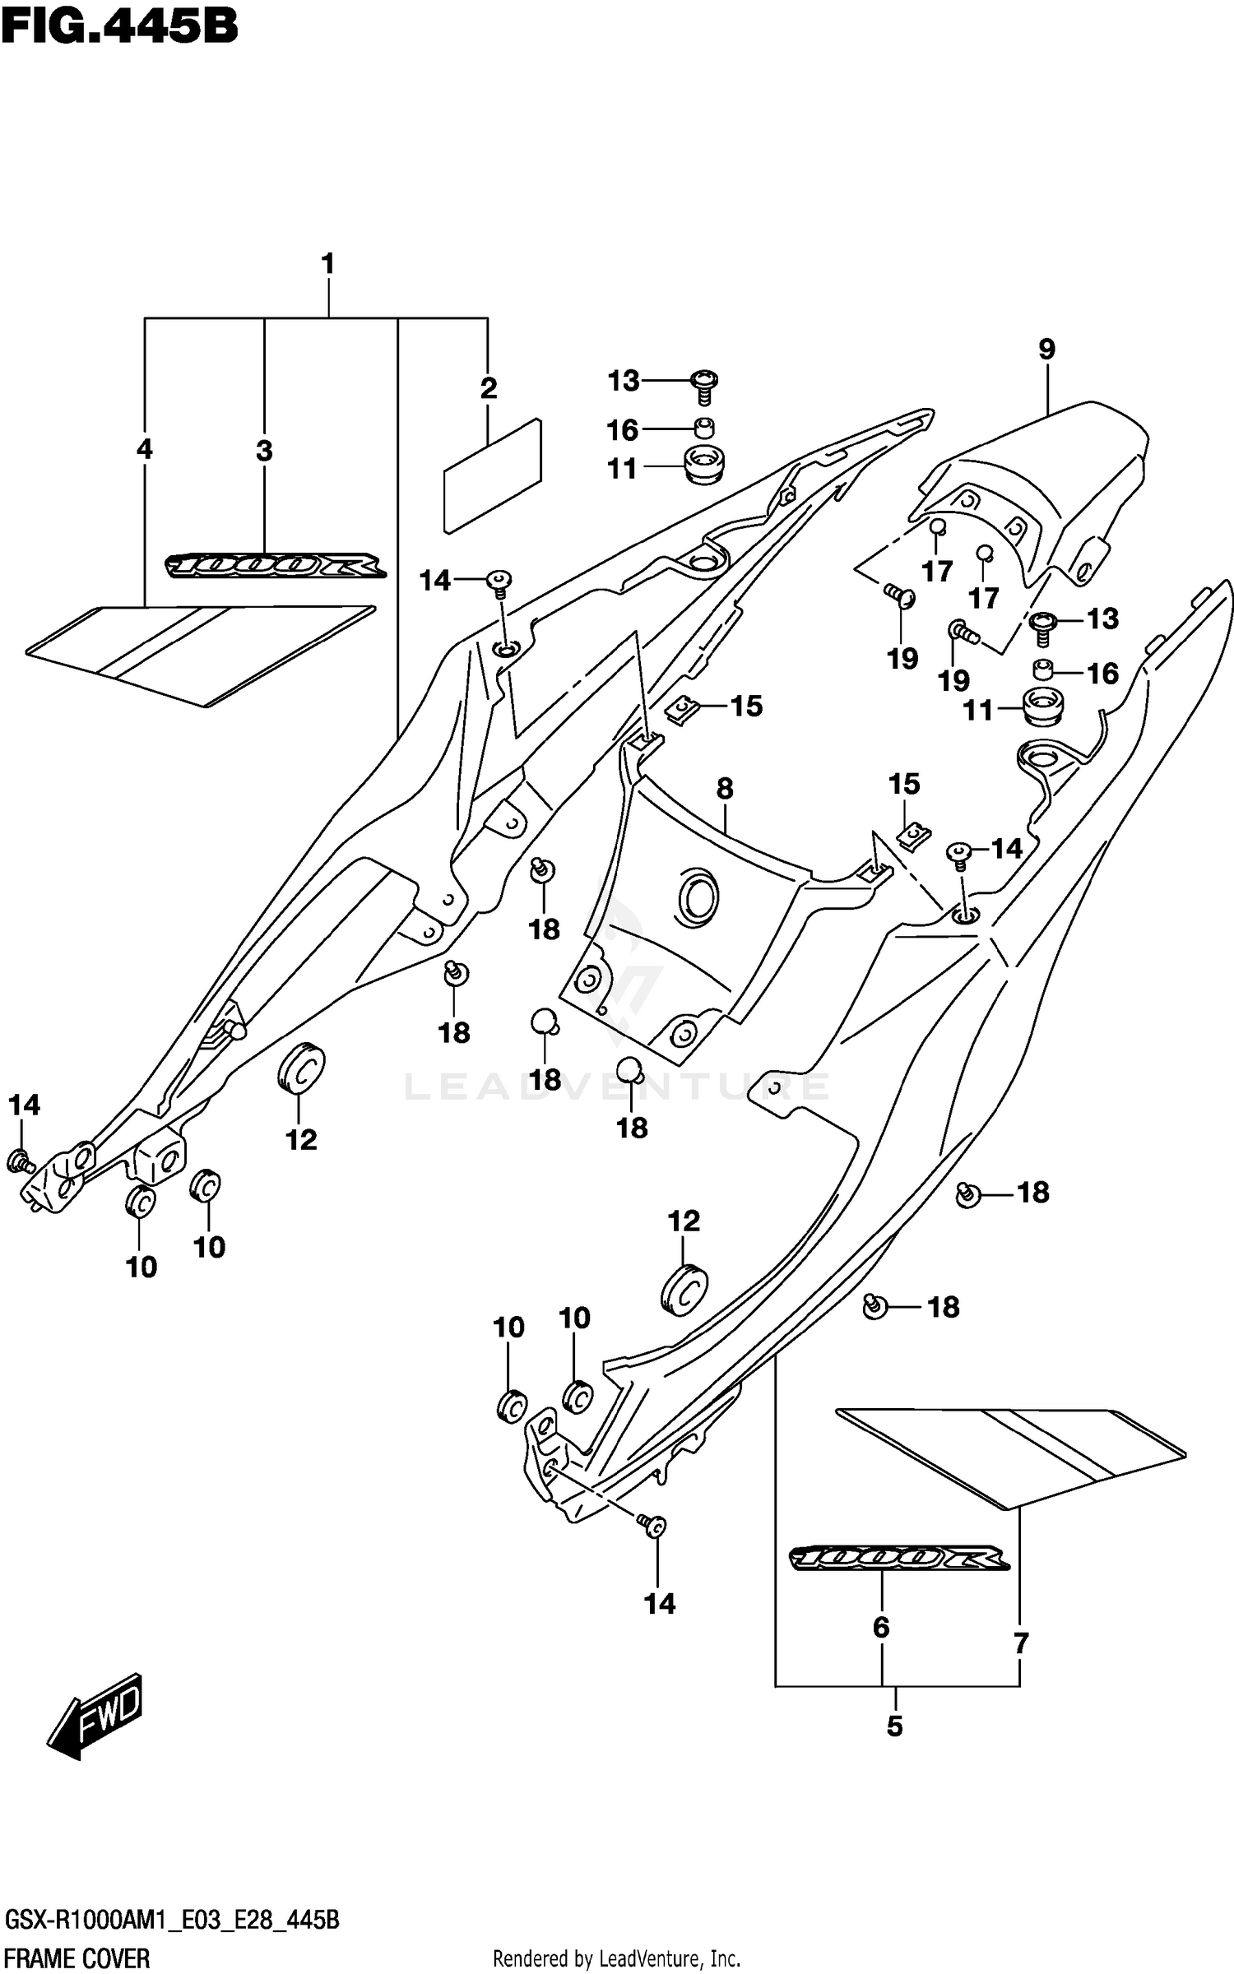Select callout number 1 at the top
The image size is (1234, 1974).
coord(327,264)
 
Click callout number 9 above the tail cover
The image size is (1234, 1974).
coord(1046,350)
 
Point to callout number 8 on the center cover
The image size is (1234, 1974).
coord(724,789)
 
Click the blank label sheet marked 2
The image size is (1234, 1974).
coord(493,476)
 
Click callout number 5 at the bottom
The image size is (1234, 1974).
coord(895,1726)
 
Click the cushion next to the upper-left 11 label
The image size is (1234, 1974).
coord(703,466)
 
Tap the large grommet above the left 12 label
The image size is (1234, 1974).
coord(301,1068)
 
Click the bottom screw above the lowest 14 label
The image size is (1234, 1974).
coord(655,1526)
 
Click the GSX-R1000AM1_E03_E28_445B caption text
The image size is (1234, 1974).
coord(172,1922)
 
